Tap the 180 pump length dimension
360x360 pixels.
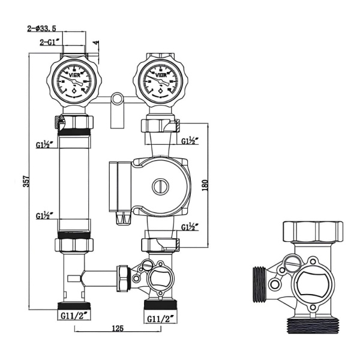pyautogui.click(x=205, y=185)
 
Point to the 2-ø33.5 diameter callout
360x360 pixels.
pyautogui.click(x=42, y=28)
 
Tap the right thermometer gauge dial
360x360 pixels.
pyautogui.click(x=160, y=80)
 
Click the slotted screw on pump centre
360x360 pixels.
pyautogui.click(x=159, y=186)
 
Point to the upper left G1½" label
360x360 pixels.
pyautogui.click(x=44, y=145)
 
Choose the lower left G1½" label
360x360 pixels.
pyautogui.click(x=44, y=215)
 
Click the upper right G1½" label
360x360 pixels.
pyautogui.click(x=190, y=142)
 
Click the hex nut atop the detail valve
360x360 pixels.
pyautogui.click(x=312, y=231)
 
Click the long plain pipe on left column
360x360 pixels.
pyautogui.click(x=74, y=180)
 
